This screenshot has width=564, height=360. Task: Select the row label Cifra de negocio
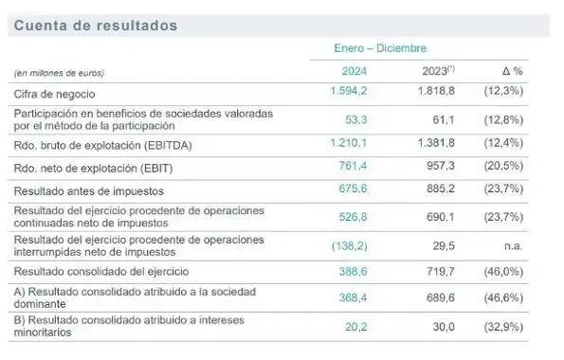(55, 95)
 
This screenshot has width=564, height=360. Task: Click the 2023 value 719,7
(441, 270)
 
